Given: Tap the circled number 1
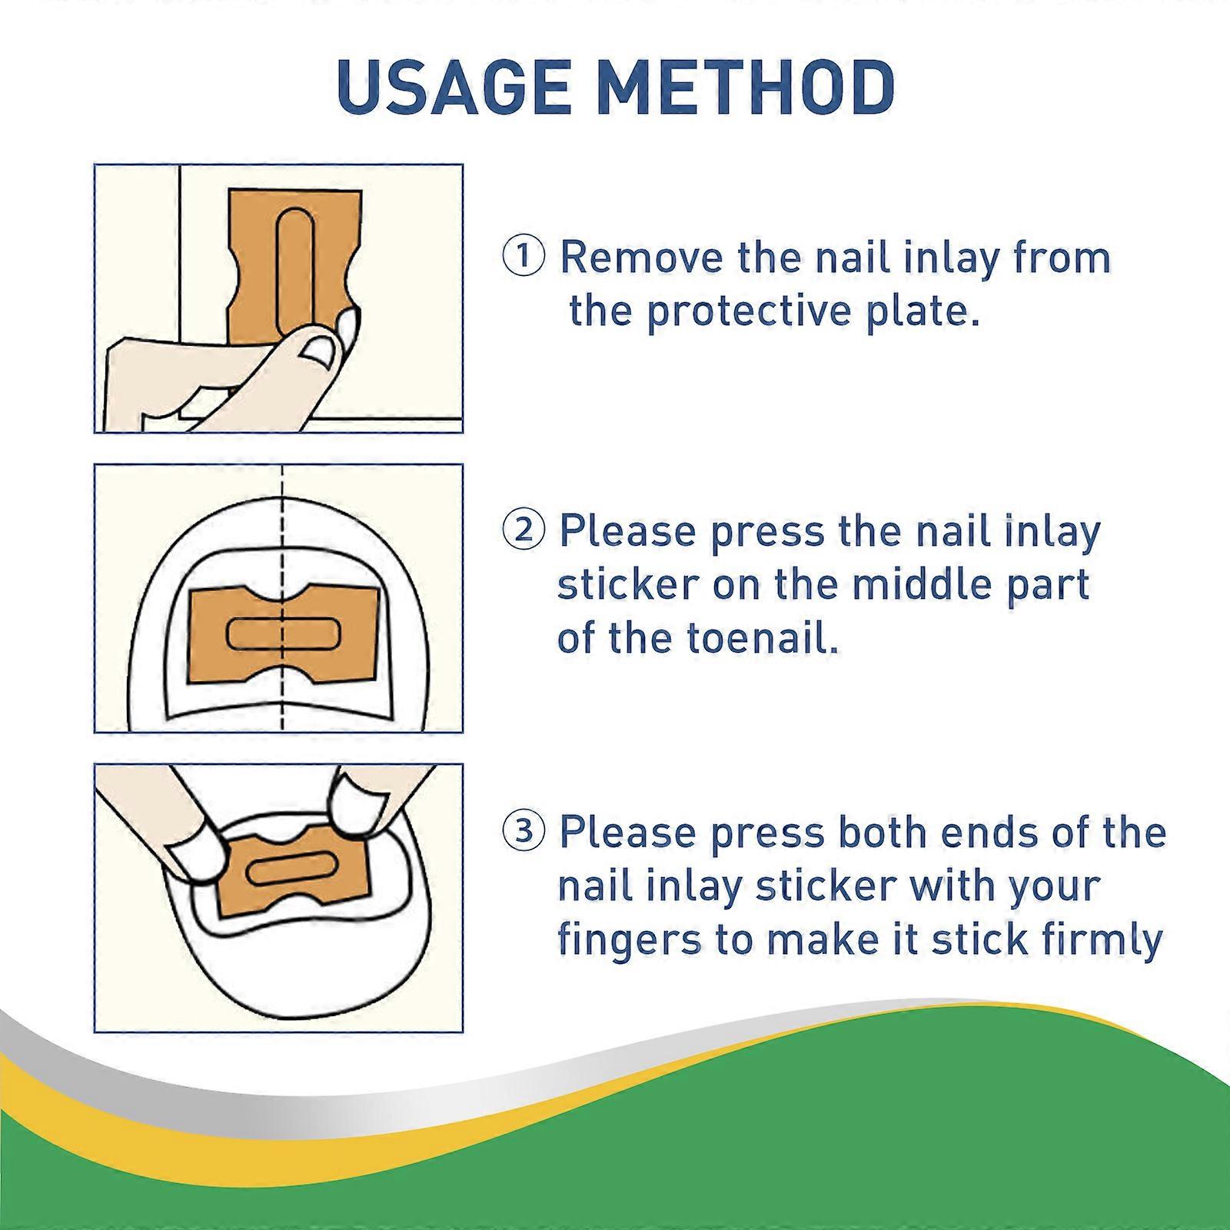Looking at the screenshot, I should pyautogui.click(x=524, y=256).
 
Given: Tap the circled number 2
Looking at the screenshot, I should pyautogui.click(x=524, y=530).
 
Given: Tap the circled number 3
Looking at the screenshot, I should pyautogui.click(x=524, y=831).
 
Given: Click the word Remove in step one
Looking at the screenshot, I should pyautogui.click(x=644, y=258).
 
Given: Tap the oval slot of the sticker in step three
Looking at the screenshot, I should pyautogui.click(x=291, y=866).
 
